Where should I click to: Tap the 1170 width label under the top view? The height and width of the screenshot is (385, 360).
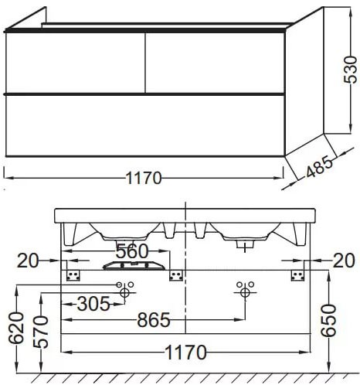coord(144,178)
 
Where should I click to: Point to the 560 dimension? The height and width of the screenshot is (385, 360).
coord(132,250)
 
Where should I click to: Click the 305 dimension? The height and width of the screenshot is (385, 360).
coord(95,305)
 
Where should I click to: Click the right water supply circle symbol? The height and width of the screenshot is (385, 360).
coord(245,291)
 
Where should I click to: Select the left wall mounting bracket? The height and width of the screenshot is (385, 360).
coord(75,276)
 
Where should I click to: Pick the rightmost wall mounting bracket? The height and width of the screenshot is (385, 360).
coord(297,276)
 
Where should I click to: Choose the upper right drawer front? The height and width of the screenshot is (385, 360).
coord(214,62)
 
